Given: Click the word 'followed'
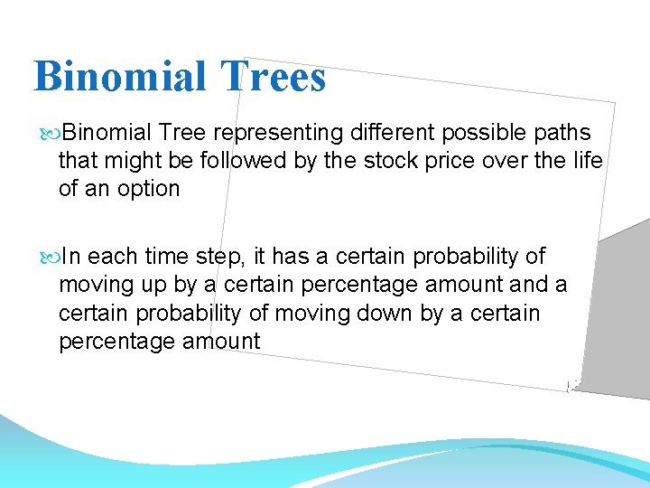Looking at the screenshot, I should point(245,161).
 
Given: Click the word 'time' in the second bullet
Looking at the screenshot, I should point(165,257).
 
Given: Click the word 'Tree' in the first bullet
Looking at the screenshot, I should point(183,134).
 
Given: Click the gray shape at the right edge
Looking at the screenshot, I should point(623,307).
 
